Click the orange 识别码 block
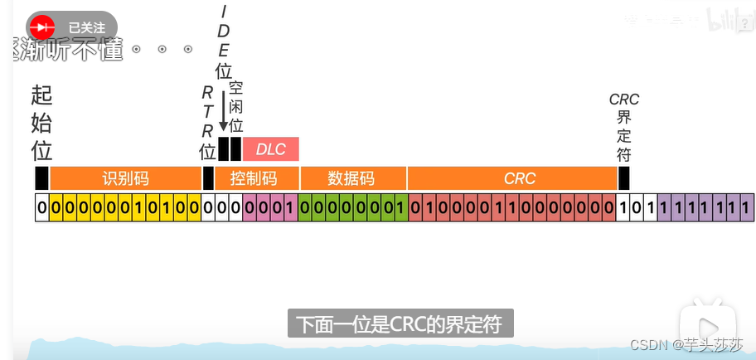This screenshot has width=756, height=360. (125, 178)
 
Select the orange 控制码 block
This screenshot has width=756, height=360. (253, 178)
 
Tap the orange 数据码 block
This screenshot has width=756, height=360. (352, 178)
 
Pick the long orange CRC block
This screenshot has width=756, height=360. (520, 178)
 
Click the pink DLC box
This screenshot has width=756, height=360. (270, 149)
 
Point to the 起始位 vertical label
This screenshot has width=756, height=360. (41, 124)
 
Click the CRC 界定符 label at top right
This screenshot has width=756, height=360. (623, 127)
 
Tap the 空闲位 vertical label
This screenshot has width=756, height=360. (236, 107)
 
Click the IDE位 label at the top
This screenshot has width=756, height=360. (223, 41)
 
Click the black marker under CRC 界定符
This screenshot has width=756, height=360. (623, 178)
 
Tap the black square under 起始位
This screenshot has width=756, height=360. (41, 178)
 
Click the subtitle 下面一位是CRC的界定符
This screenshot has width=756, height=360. (400, 323)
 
